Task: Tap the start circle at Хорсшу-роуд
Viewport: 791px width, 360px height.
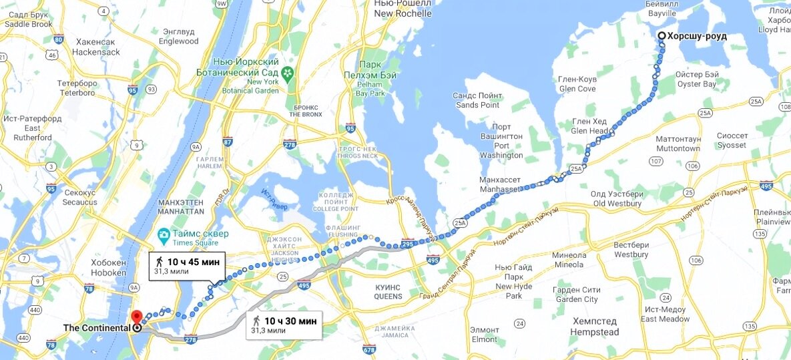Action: click(x=661, y=36)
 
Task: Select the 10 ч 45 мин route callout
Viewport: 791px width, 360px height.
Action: click(x=184, y=265)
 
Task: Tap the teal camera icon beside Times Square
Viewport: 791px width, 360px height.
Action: click(x=163, y=234)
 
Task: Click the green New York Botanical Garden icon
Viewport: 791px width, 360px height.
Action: click(x=287, y=72)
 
